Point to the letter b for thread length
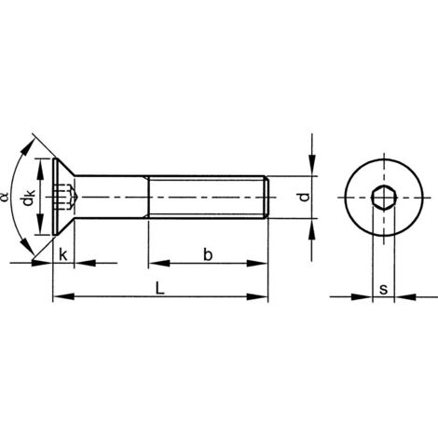(x=207, y=253)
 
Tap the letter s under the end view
(x=383, y=288)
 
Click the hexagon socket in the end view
(x=381, y=198)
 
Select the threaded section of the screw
(x=208, y=198)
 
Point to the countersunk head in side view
(x=61, y=198)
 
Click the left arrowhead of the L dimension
(x=58, y=297)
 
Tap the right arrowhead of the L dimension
(x=263, y=297)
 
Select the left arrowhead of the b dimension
(x=154, y=264)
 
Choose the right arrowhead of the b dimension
(x=263, y=264)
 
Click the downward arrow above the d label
(x=310, y=169)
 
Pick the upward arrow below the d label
(x=310, y=227)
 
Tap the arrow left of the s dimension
(x=363, y=298)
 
